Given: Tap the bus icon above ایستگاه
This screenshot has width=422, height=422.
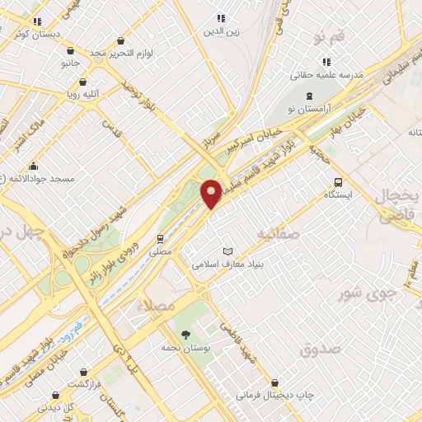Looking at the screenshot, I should [x=337, y=182].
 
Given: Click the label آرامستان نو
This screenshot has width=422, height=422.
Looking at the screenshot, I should [x=309, y=109].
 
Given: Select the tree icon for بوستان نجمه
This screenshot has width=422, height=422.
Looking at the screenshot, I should [x=186, y=335].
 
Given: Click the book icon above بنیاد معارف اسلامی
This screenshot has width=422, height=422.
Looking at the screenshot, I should [x=228, y=251].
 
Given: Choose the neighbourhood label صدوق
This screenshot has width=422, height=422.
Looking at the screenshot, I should [x=321, y=350].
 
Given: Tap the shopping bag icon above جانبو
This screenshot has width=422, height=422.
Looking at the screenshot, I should [x=70, y=50].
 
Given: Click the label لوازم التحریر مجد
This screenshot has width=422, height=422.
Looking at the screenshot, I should [x=121, y=53].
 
